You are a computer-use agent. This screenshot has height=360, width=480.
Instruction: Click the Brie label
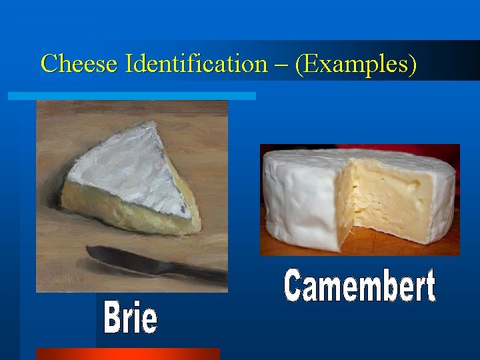click(x=131, y=319)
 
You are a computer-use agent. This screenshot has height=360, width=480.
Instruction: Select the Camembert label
click(x=360, y=287)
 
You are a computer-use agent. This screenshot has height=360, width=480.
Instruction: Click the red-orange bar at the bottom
click(x=127, y=354)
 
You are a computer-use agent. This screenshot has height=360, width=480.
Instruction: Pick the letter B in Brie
click(x=113, y=319)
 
